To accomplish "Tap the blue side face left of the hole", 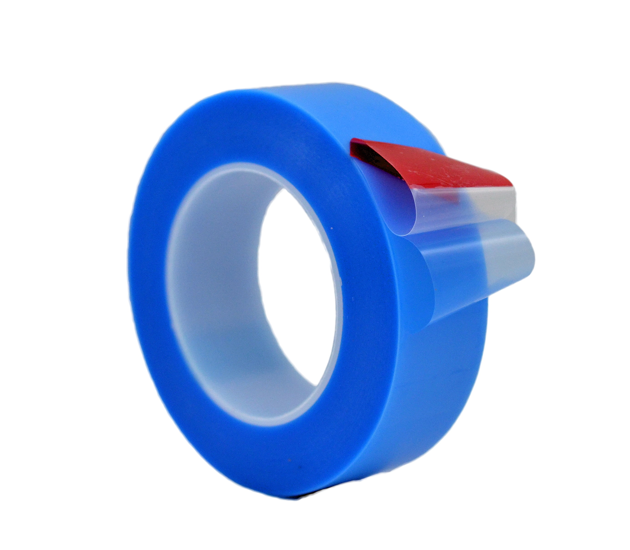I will click(x=148, y=276).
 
